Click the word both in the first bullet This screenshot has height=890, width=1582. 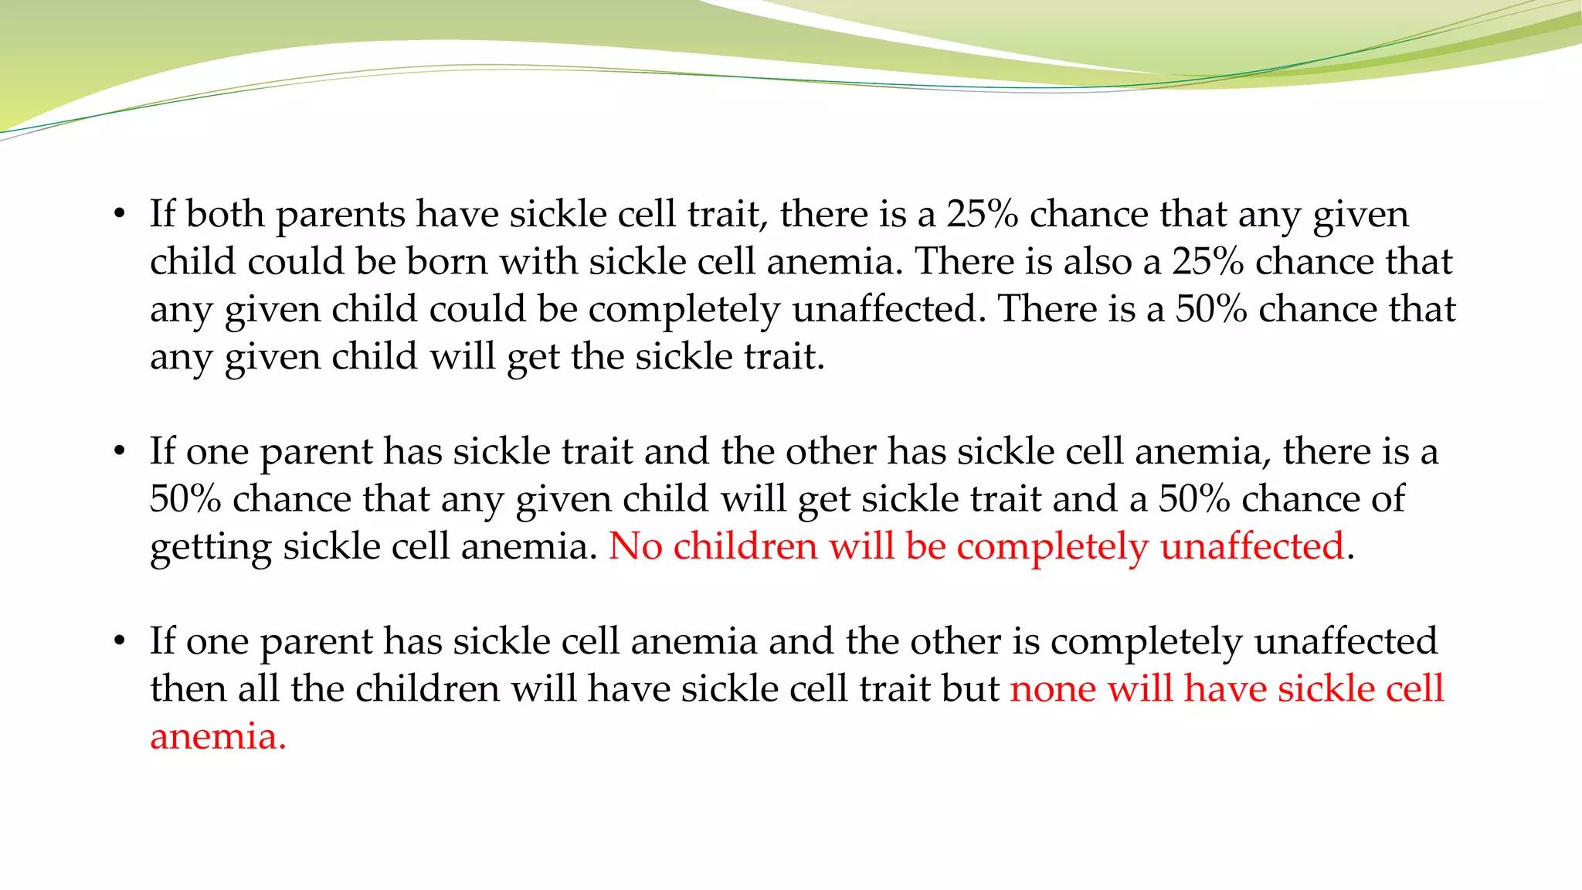pyautogui.click(x=225, y=214)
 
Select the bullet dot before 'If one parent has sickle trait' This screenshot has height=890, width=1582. pyautogui.click(x=118, y=452)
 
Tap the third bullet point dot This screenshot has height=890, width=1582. pyautogui.click(x=118, y=642)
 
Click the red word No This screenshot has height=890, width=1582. pyautogui.click(x=635, y=547)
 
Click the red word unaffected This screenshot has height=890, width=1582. pyautogui.click(x=1252, y=547)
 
